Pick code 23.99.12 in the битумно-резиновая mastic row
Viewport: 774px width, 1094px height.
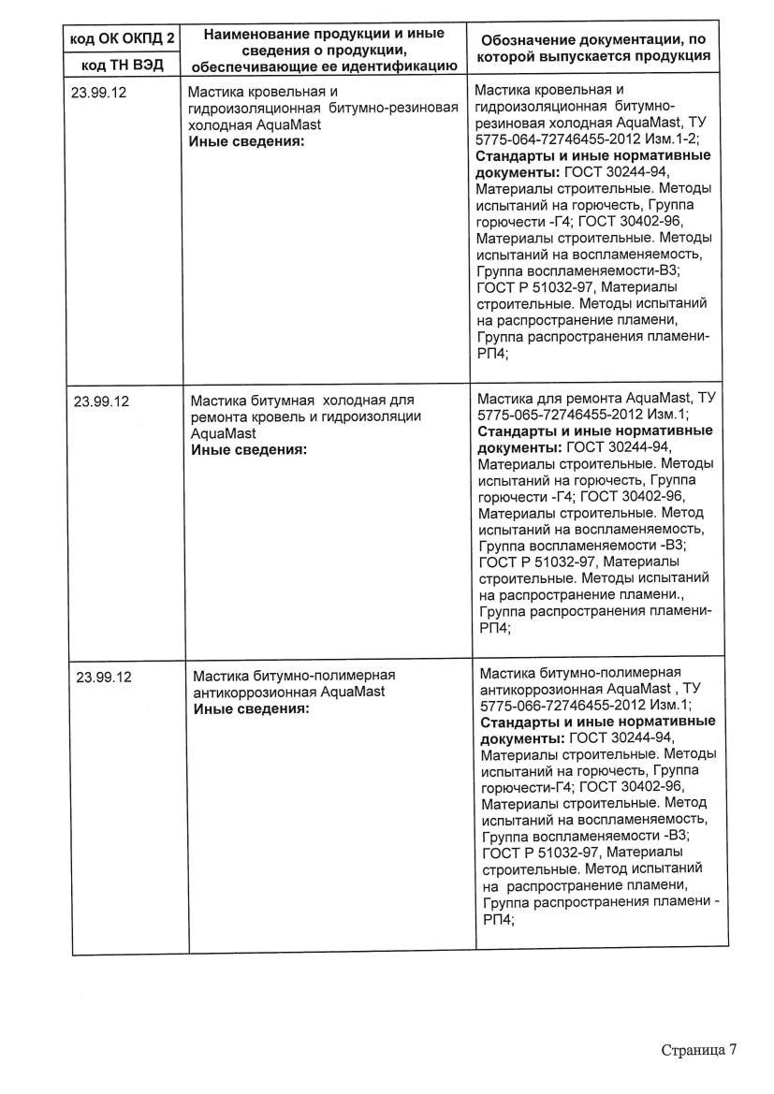pyautogui.click(x=97, y=93)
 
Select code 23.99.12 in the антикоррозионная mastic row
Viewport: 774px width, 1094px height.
pyautogui.click(x=102, y=677)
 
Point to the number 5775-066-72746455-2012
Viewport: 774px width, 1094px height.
pyautogui.click(x=561, y=707)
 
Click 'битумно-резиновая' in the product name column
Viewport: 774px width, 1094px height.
pyautogui.click(x=397, y=108)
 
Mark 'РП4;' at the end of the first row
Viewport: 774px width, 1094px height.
pyautogui.click(x=491, y=353)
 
